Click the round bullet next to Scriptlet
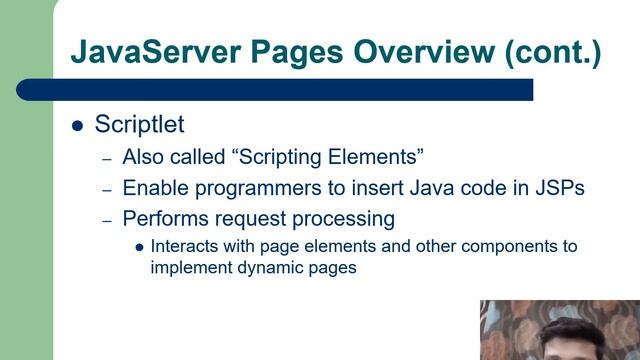78,126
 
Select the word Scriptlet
139,125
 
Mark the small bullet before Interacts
140,246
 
